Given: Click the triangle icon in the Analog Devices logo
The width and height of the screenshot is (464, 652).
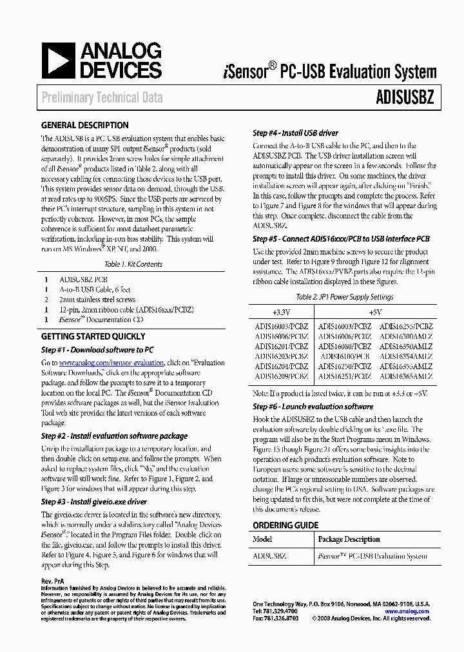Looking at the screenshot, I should [x=59, y=61].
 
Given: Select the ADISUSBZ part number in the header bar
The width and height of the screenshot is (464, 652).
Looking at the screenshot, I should [x=405, y=97].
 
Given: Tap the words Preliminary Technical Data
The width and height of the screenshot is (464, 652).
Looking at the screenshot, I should [x=102, y=98].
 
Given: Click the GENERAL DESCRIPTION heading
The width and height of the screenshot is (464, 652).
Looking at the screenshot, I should [x=84, y=125].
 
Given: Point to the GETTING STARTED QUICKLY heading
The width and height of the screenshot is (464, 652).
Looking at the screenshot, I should [x=93, y=336].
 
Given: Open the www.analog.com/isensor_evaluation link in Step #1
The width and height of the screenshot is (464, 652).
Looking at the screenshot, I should [x=111, y=363].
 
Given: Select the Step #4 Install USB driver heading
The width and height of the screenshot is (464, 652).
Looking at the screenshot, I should [x=296, y=133].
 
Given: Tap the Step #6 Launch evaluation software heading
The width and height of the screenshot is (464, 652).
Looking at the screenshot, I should [x=313, y=407].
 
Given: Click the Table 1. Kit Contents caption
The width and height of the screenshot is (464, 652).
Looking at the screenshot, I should [x=133, y=264].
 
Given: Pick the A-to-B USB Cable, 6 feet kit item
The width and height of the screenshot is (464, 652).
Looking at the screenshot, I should [x=97, y=290].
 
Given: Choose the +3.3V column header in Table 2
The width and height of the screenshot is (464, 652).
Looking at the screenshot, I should [x=281, y=312].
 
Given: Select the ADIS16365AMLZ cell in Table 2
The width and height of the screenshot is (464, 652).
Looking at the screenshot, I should [x=406, y=376].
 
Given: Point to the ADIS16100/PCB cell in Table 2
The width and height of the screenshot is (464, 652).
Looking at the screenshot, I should [x=345, y=356].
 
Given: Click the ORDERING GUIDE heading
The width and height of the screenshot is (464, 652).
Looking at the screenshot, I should [x=285, y=525].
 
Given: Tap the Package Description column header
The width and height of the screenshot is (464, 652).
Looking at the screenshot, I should [x=349, y=539].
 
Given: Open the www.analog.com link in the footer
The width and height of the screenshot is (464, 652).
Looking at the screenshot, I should [x=407, y=611].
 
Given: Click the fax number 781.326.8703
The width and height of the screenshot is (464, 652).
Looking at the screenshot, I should [x=280, y=618].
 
